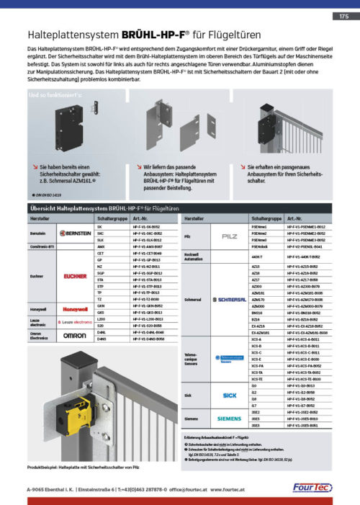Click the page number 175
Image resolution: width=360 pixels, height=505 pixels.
point(343,15)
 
